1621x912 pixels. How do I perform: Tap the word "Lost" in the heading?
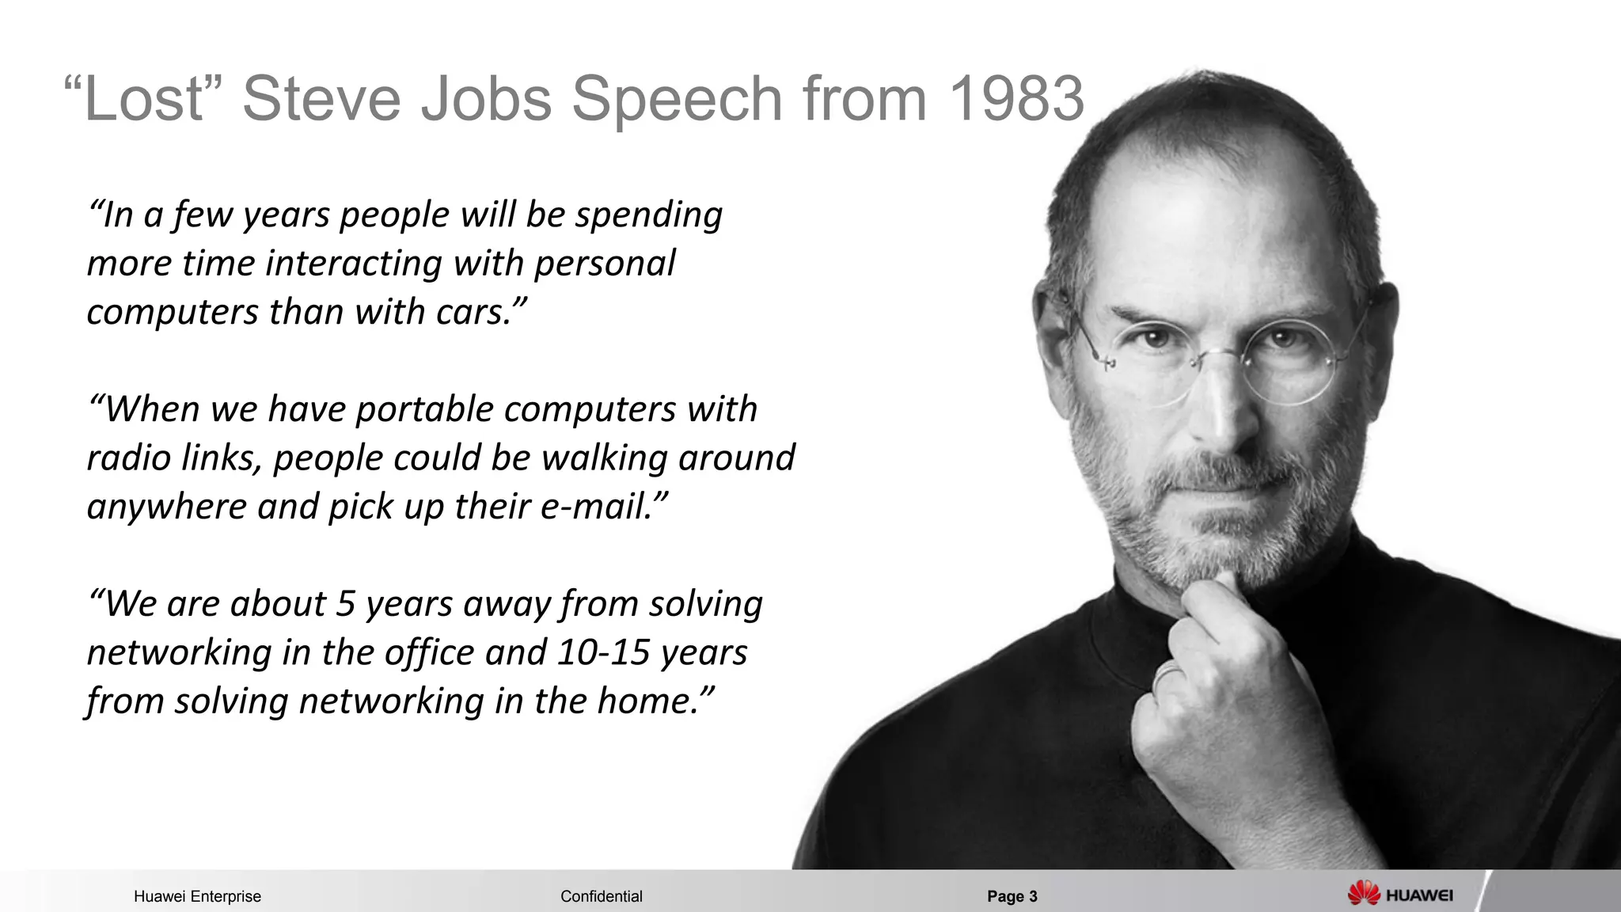tap(142, 100)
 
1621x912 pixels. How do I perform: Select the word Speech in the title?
tap(677, 100)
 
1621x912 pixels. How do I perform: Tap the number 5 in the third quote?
tap(346, 604)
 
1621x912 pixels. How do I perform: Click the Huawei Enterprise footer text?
tap(197, 896)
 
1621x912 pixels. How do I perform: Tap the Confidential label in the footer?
tap(601, 896)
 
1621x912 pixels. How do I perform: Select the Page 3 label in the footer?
tap(1012, 896)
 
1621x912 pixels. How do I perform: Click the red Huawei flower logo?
tap(1364, 894)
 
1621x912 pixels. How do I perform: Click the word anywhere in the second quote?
tap(166, 507)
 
